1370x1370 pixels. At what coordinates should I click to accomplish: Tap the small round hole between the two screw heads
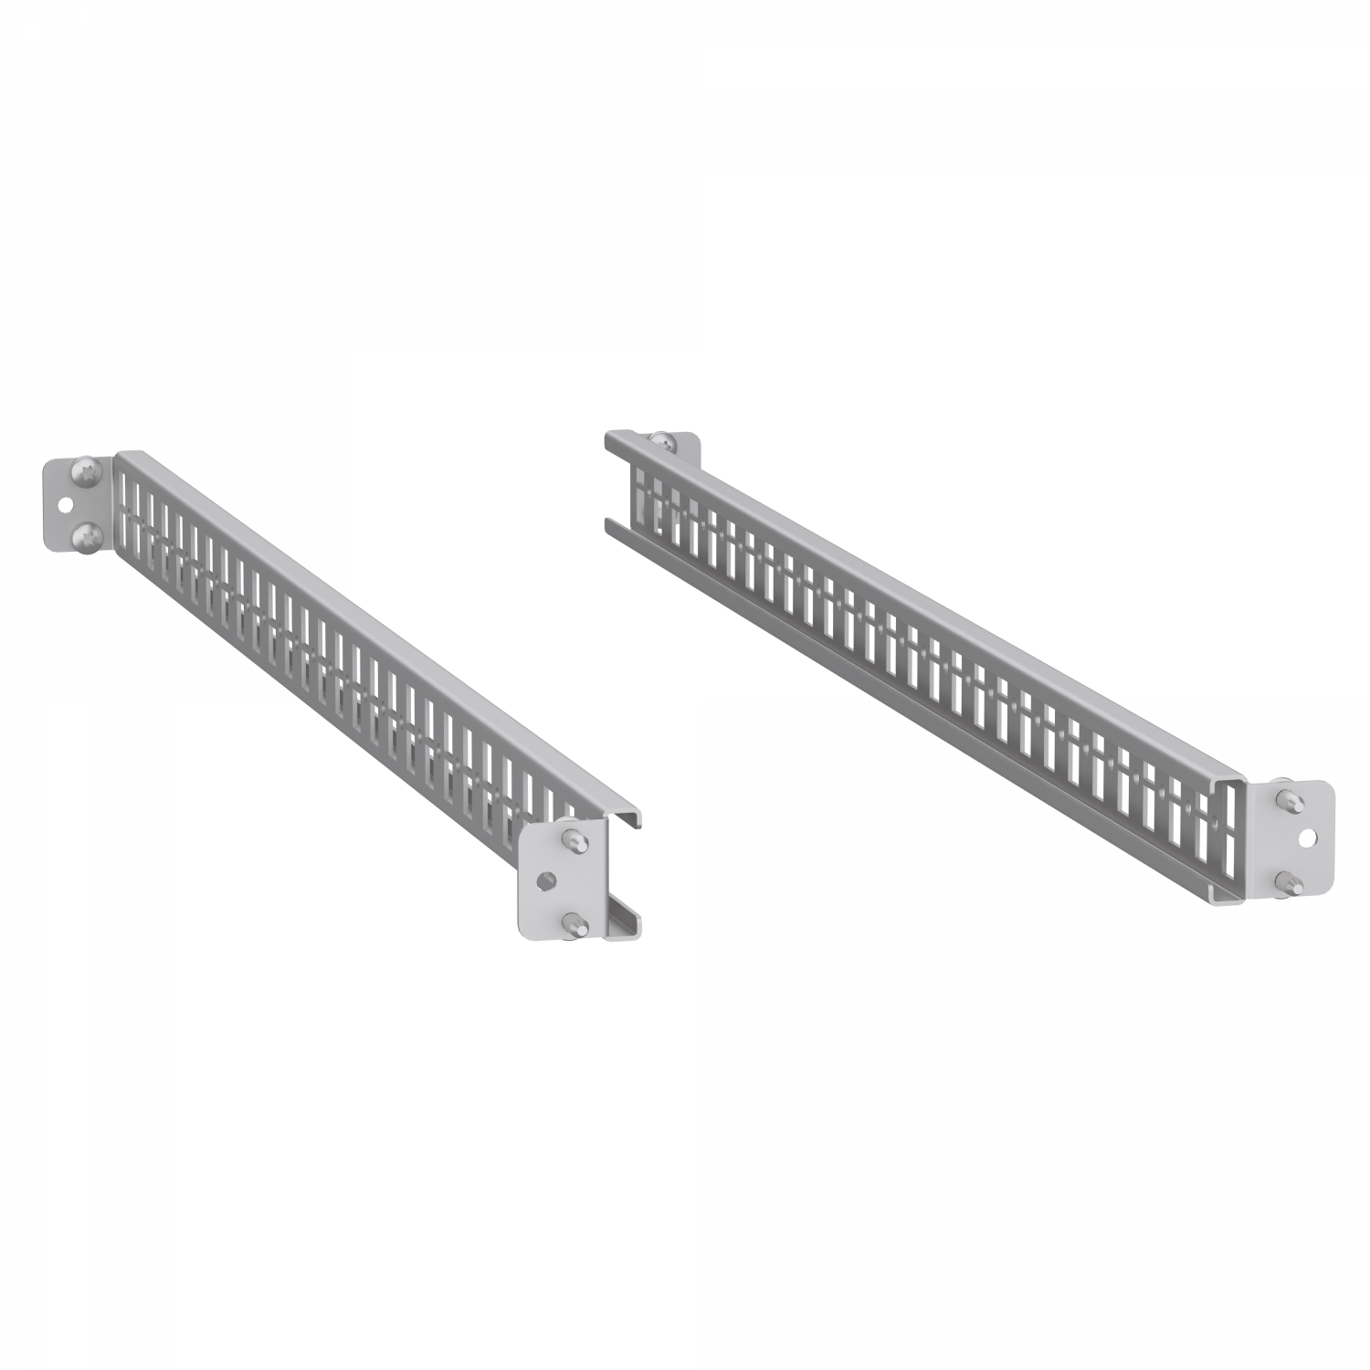[x=66, y=504]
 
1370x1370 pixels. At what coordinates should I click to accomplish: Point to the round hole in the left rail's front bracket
[x=546, y=880]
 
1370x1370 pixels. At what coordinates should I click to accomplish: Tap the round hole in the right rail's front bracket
[x=1309, y=836]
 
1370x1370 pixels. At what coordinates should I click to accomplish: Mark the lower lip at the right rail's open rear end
[x=610, y=526]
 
